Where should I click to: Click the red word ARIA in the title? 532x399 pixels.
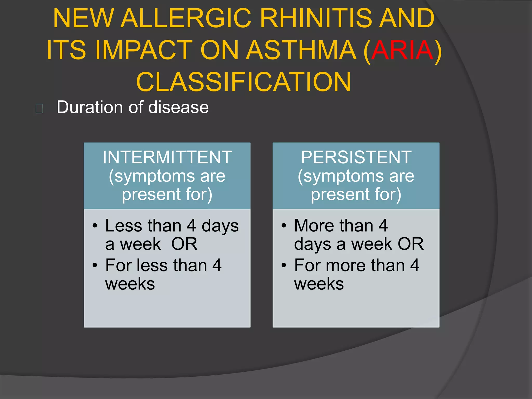click(x=402, y=50)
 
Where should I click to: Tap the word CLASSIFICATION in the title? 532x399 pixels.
click(x=244, y=82)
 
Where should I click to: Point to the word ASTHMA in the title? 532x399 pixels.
click(x=301, y=50)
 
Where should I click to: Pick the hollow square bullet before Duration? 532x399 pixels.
click(x=39, y=108)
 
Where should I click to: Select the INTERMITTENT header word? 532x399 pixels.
click(x=167, y=157)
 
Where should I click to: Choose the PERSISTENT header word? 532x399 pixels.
click(x=356, y=157)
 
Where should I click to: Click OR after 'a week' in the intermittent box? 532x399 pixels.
click(x=184, y=244)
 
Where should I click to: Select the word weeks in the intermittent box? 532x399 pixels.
click(x=130, y=284)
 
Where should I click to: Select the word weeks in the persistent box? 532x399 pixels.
click(x=319, y=284)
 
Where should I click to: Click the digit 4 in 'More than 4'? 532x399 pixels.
click(x=383, y=225)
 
